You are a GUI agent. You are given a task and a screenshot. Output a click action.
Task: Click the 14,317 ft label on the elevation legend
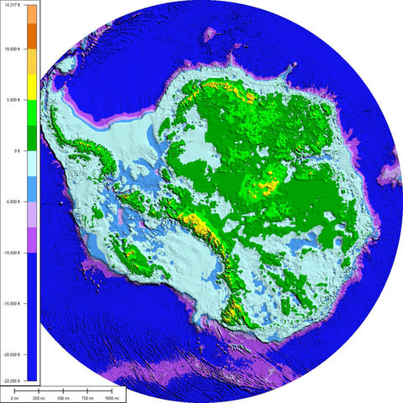15,4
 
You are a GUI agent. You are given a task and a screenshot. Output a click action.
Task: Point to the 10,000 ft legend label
14,49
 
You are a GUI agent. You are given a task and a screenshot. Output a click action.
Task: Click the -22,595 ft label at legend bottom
13,380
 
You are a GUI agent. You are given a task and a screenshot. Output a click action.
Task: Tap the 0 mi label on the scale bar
4,399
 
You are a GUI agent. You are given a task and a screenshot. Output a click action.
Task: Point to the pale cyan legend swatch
32,164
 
